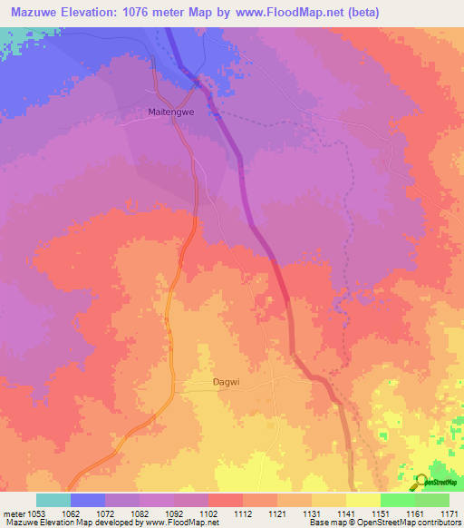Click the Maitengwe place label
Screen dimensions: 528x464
pos(171,113)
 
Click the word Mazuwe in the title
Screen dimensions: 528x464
pos(37,13)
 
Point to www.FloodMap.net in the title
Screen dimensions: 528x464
pos(294,13)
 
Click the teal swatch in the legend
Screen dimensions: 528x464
pos(53,500)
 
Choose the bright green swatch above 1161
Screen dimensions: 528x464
pos(397,500)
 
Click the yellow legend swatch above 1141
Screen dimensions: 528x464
pos(362,500)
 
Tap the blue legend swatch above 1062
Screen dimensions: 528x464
pos(88,500)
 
